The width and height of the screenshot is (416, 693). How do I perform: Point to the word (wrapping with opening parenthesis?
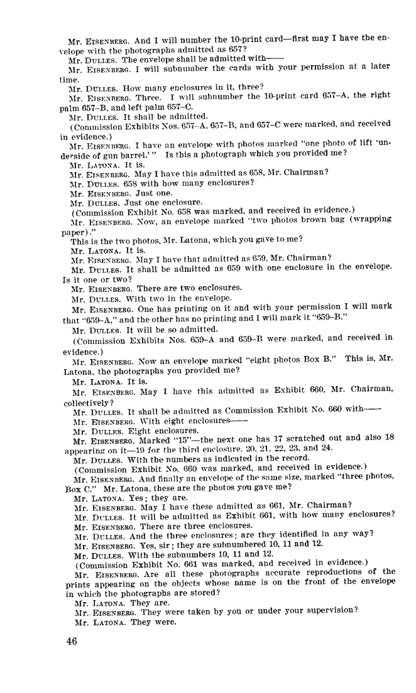[374, 219]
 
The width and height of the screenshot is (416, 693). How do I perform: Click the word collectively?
[89, 403]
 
